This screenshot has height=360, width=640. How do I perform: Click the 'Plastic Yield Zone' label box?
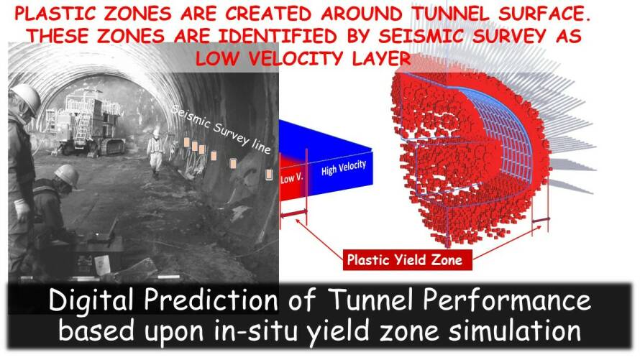(407, 259)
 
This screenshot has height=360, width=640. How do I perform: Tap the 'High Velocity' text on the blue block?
(343, 167)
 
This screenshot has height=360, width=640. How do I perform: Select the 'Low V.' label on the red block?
(292, 179)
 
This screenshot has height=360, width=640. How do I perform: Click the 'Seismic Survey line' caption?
(221, 129)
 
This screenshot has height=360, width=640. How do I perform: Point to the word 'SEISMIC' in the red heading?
(421, 36)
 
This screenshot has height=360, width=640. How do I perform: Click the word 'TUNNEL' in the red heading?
(450, 14)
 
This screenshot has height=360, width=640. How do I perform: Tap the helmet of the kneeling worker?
(67, 175)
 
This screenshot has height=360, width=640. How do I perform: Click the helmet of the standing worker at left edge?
(25, 98)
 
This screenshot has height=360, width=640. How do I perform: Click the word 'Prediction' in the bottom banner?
(211, 300)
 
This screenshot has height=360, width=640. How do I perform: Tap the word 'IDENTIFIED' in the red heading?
(278, 36)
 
